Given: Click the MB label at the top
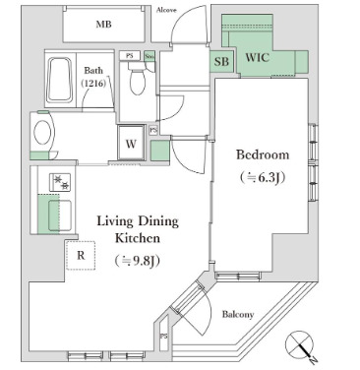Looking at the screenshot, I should point(103,24).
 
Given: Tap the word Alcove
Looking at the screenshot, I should point(168,10).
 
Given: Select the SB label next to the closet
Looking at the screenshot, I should point(222,61).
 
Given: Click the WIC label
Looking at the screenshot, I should point(258,57).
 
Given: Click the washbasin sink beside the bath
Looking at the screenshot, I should point(43,131).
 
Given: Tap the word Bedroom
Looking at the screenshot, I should point(261,154).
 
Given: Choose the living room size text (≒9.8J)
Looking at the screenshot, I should point(136,261).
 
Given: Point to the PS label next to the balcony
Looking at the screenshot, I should point(162,339).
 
